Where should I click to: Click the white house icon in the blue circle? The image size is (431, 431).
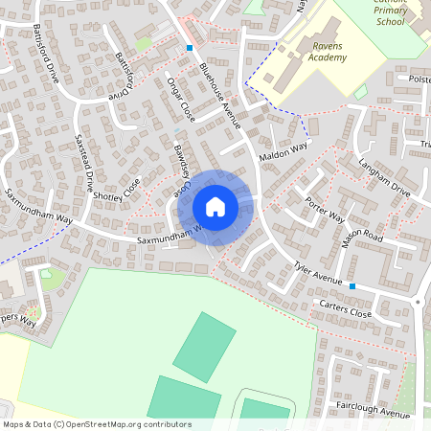tap(215, 207)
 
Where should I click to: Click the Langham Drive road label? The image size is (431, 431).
tap(384, 179)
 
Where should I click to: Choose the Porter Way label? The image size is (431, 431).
tap(325, 210)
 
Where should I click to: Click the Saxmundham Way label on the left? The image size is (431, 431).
tap(37, 206)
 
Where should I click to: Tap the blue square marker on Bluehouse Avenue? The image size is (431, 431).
tap(190, 48)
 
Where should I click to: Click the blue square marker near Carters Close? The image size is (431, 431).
tap(352, 286)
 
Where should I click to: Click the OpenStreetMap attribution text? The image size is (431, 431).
tap(97, 424)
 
